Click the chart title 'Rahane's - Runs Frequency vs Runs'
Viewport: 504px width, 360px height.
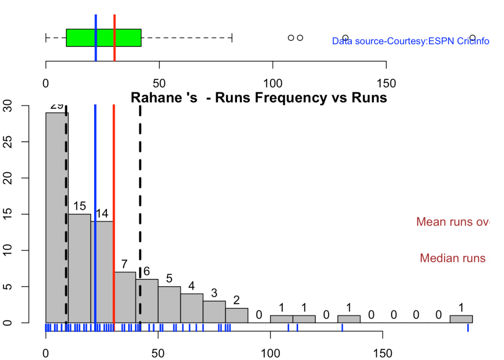pos(259,98)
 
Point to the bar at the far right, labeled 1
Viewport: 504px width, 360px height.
pos(461,319)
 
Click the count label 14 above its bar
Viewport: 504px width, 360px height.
pos(102,214)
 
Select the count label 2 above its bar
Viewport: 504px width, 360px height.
pos(236,300)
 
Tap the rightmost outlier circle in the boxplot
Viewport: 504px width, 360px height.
pos(472,38)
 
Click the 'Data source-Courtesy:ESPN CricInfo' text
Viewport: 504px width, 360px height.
pos(410,41)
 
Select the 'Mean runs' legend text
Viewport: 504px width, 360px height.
pos(452,222)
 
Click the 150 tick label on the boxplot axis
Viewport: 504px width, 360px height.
pos(386,80)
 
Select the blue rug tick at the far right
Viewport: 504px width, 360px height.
pos(468,327)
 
